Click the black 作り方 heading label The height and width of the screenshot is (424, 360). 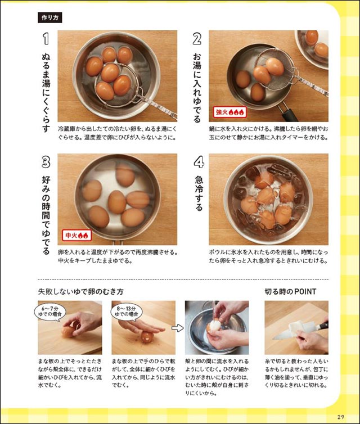[49, 18]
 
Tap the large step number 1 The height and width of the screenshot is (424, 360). [46, 39]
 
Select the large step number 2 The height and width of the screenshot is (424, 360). [197, 39]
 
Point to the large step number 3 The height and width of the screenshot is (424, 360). [46, 163]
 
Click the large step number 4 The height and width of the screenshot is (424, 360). [199, 163]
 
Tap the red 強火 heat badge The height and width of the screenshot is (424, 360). [230, 112]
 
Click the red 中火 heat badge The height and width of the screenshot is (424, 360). [77, 236]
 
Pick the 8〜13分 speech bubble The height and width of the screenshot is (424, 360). [127, 312]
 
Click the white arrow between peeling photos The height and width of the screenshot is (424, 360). [177, 328]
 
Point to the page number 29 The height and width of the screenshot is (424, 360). [340, 417]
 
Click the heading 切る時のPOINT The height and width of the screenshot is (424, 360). [290, 291]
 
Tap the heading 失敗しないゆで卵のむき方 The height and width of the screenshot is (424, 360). [80, 291]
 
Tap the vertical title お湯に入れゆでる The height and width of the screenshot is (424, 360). [197, 88]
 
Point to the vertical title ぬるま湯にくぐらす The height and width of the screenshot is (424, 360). [46, 93]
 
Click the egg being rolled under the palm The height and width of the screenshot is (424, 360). [147, 337]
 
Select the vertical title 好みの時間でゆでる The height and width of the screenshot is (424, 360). [46, 215]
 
